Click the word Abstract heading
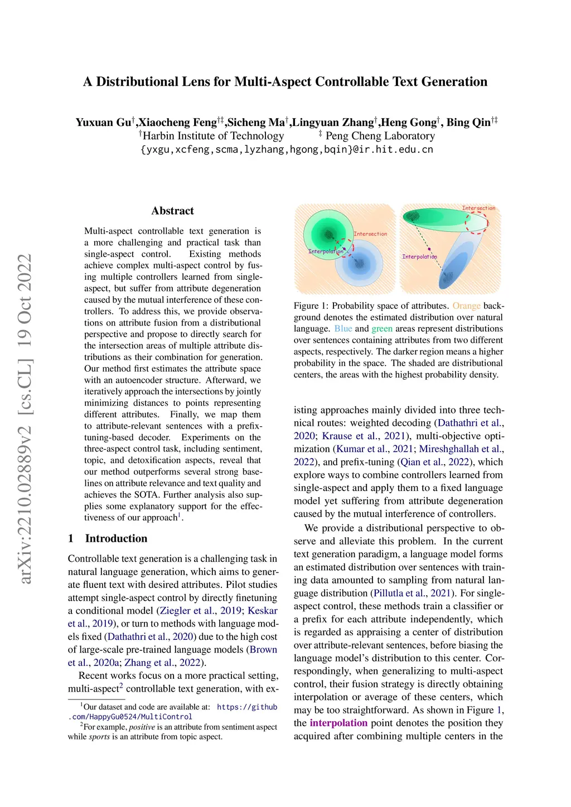click(x=172, y=211)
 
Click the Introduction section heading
click(x=116, y=538)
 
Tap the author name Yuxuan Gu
click(x=104, y=123)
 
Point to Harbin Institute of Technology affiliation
click(x=213, y=136)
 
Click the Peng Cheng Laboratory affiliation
click(x=380, y=136)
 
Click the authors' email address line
click(x=287, y=149)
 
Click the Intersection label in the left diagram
click(x=370, y=234)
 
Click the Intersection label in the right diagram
click(x=478, y=208)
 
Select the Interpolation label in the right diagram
click(x=419, y=257)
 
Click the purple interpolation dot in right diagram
click(x=429, y=249)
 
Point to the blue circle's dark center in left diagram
click(x=359, y=262)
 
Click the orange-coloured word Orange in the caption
click(x=466, y=306)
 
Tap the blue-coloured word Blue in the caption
click(x=343, y=329)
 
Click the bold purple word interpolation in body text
click(x=338, y=723)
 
